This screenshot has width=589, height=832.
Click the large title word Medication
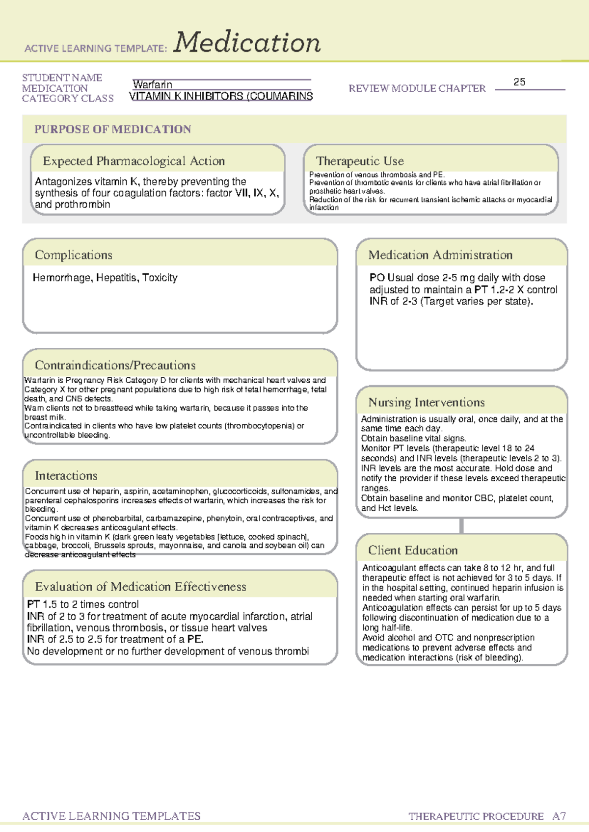point(247,43)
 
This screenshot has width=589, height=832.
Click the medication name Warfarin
point(152,85)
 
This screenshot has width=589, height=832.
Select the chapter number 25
point(519,82)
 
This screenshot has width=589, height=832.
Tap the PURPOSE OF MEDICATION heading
point(112,130)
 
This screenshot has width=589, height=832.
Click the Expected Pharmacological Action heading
point(134,161)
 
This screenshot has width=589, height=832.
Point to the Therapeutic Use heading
point(360,161)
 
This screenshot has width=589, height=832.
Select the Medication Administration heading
point(440,255)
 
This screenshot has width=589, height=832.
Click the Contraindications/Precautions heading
point(115,365)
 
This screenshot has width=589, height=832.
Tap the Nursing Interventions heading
point(426,402)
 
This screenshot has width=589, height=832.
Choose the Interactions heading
point(66,476)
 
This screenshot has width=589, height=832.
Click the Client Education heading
point(413,550)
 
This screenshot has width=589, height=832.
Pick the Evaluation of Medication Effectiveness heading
point(140,587)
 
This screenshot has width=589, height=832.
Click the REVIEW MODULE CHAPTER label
point(417,89)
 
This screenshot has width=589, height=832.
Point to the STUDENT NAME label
point(62,78)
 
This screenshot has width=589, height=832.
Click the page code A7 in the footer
point(559,816)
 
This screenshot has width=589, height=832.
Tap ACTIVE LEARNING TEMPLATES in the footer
point(111,816)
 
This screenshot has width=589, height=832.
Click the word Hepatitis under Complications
point(116,278)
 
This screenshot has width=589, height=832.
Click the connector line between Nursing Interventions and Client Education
point(461,525)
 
